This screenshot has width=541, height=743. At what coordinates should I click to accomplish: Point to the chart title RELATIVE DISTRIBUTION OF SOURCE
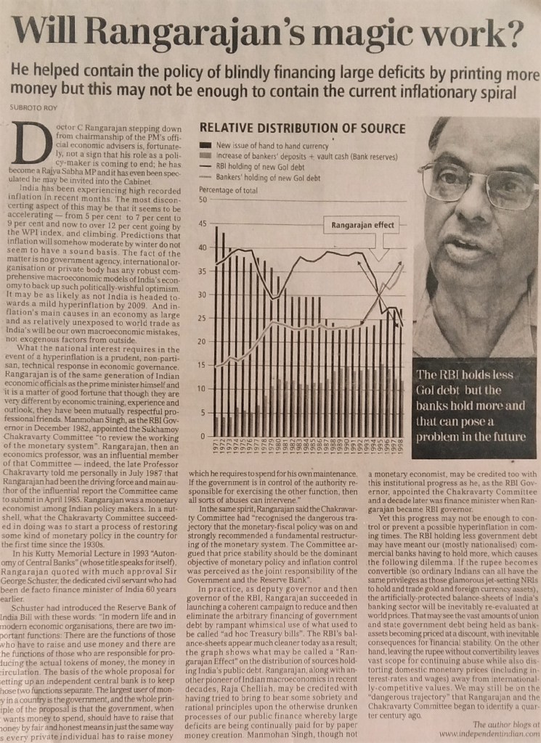pos(302,128)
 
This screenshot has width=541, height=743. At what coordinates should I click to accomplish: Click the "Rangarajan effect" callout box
pos(362,225)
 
